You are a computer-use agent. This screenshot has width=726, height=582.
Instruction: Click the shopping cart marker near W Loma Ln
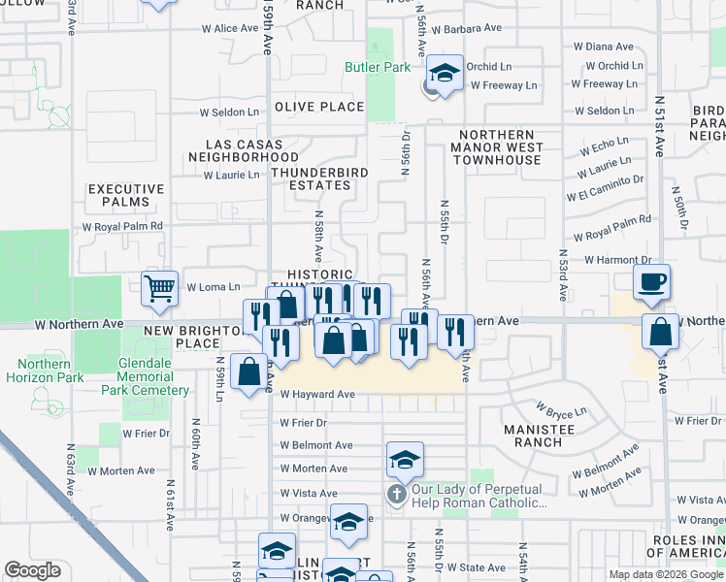coord(159,287)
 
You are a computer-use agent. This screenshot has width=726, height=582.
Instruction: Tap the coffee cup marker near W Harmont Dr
coord(651,281)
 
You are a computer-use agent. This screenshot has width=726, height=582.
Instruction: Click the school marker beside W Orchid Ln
coord(445,75)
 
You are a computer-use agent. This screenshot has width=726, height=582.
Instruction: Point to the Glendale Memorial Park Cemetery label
coord(145,384)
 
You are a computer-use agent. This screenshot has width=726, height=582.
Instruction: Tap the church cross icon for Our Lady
coord(396,495)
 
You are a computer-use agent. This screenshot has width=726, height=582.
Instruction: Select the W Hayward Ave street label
coord(317,395)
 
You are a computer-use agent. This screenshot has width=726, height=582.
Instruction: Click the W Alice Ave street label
coord(230,29)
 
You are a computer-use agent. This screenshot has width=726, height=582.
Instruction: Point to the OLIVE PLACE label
coord(318,107)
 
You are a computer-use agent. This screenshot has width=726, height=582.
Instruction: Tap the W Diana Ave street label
coord(603,47)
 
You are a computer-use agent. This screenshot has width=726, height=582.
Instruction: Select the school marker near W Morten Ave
coord(405,459)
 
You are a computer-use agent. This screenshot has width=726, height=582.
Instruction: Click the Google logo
coord(33,570)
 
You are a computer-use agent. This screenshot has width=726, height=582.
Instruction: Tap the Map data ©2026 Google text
coord(665,574)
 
